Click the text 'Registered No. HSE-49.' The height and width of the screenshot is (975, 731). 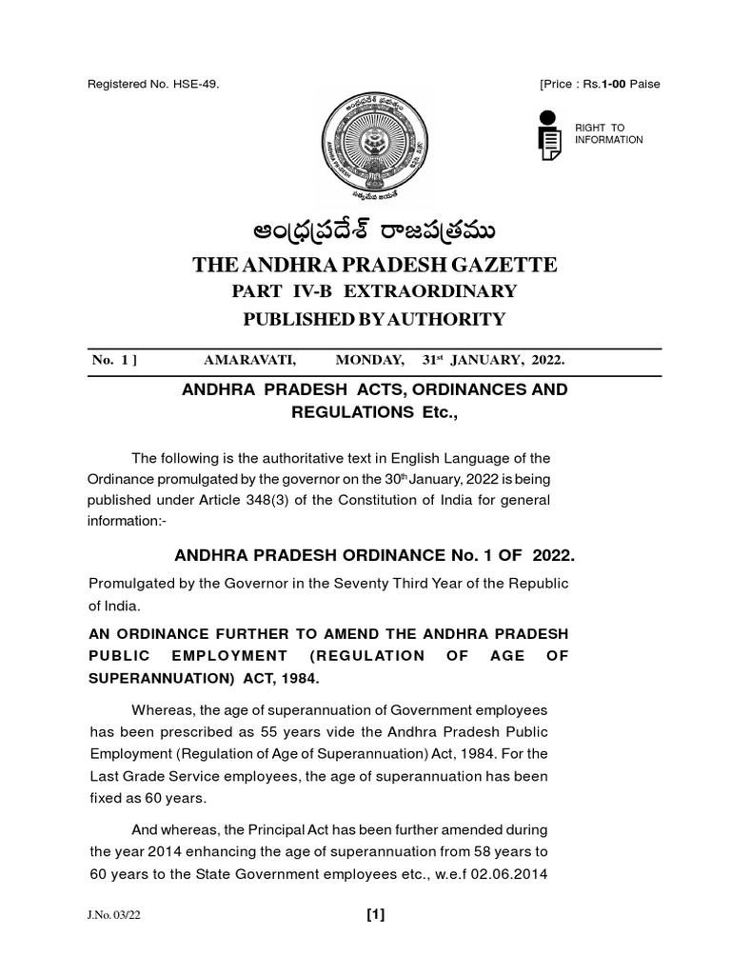tap(153, 85)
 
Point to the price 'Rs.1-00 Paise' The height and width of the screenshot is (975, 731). tap(617, 85)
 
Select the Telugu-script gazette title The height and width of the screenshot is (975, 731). tap(366, 232)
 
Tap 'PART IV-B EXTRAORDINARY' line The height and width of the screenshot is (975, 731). tap(366, 291)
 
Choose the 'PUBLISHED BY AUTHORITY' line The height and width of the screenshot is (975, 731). tap(366, 319)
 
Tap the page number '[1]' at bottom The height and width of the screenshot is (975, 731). tap(375, 916)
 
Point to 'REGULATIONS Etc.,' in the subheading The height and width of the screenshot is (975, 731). tap(366, 412)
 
